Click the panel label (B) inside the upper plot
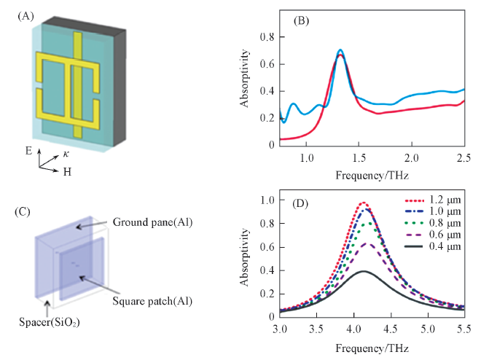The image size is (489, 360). (x=302, y=20)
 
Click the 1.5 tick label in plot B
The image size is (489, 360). (x=359, y=158)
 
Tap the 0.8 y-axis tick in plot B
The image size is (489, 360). (x=270, y=36)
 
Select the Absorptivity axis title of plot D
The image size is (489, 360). (x=249, y=258)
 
